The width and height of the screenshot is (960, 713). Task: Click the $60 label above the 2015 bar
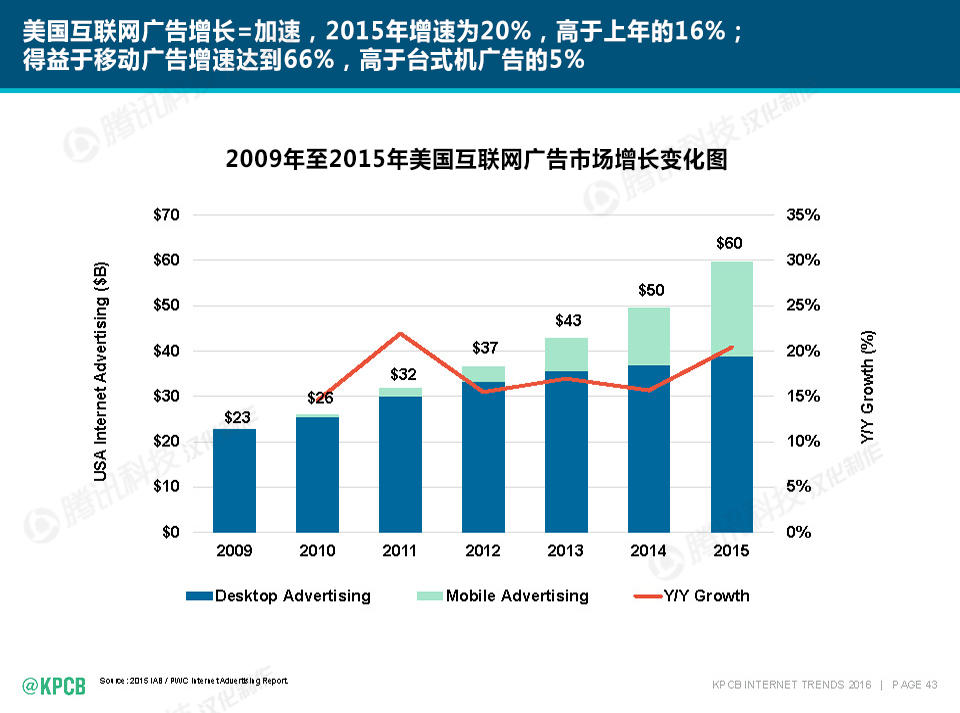click(729, 244)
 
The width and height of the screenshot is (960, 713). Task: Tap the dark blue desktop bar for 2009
click(233, 480)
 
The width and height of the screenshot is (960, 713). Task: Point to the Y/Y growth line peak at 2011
click(400, 334)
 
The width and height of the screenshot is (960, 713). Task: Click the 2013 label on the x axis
click(566, 551)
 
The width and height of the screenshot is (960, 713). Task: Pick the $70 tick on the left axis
click(166, 215)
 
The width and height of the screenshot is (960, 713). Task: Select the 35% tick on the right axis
click(803, 215)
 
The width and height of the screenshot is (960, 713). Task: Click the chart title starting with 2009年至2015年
click(476, 159)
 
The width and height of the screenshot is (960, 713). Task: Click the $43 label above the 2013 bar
click(566, 321)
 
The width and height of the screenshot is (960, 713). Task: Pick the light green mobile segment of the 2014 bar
click(649, 336)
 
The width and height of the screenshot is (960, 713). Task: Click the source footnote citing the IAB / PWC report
click(194, 681)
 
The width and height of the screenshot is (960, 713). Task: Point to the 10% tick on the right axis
click(803, 441)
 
